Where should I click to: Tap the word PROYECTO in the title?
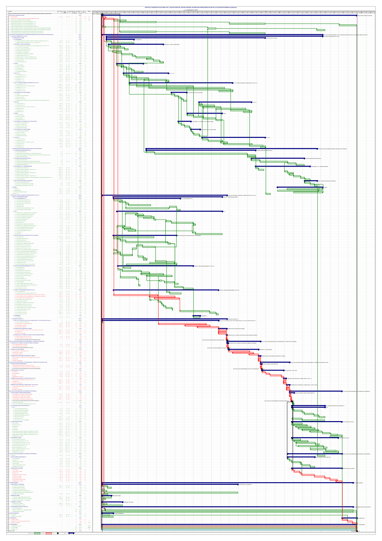click(x=148, y=7)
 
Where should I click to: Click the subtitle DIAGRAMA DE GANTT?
click(x=191, y=10)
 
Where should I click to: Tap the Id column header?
click(x=8, y=12)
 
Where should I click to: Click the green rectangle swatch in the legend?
click(x=37, y=533)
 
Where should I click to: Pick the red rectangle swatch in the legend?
click(x=48, y=533)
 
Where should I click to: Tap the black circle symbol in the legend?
click(x=58, y=533)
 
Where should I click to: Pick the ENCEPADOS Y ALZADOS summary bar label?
click(x=172, y=44)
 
